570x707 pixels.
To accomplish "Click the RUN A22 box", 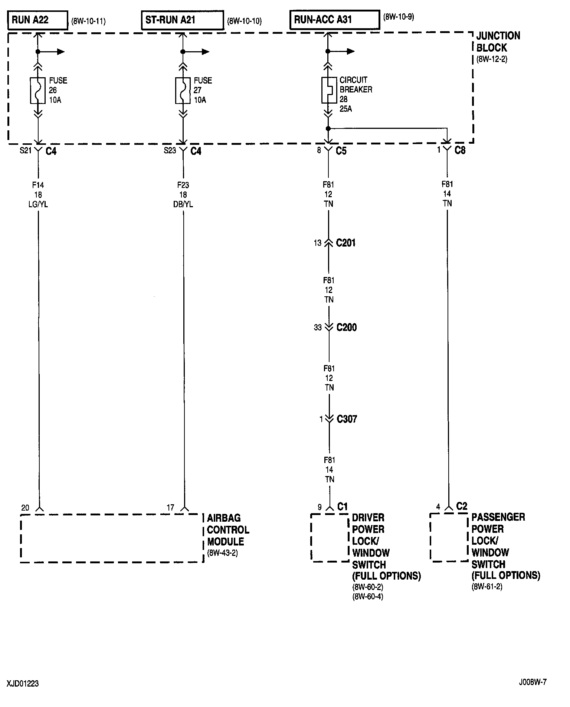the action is (x=37, y=20).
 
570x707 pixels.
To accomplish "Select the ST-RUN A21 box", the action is (x=182, y=20).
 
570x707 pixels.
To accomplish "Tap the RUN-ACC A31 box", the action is (x=334, y=19).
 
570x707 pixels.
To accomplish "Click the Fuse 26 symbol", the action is (x=37, y=90).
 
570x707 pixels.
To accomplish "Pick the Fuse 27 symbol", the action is (x=183, y=90).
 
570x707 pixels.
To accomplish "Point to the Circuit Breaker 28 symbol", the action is (x=328, y=90).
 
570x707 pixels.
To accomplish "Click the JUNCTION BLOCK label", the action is (x=498, y=42).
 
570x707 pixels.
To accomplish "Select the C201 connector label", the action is (x=345, y=243).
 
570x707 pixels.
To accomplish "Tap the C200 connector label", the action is (x=346, y=328).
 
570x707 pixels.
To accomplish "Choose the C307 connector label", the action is (x=347, y=419).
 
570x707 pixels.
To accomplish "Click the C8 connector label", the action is (x=460, y=150).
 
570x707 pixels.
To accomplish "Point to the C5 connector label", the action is (x=341, y=151).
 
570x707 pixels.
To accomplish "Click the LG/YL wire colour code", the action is (x=38, y=204).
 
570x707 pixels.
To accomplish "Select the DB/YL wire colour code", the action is (x=183, y=204).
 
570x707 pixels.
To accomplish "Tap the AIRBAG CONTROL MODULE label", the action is (x=227, y=530).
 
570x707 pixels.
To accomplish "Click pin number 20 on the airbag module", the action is (x=25, y=508).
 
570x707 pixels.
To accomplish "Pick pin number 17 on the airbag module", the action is (x=170, y=508).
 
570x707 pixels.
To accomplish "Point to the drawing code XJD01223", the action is (x=23, y=684).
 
